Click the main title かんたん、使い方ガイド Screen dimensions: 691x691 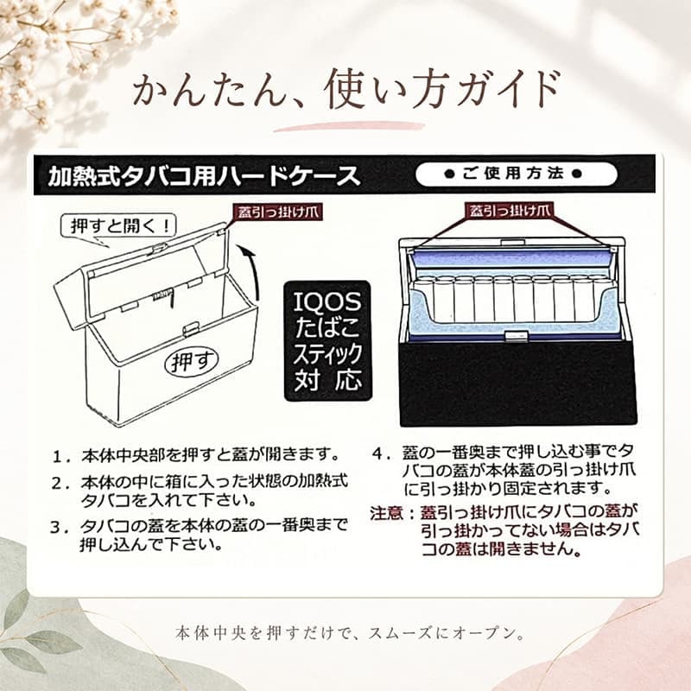pos(346,90)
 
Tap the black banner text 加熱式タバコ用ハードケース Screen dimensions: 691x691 pos(205,176)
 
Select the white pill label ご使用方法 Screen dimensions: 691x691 pos(516,174)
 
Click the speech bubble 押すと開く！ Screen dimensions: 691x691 pos(118,227)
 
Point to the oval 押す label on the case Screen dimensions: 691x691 pos(192,361)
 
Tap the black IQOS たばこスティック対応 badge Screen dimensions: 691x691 pos(328,340)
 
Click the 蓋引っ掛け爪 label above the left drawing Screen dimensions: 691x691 pos(278,212)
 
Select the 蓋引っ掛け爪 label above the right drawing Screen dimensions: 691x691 pos(510,211)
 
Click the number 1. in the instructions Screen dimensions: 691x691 pos(61,456)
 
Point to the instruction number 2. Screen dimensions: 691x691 pos(60,484)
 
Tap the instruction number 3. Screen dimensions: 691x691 pos(60,528)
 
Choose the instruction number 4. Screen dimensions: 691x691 pos(382,453)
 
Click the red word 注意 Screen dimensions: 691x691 pos(386,513)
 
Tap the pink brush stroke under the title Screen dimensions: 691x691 pos(349,126)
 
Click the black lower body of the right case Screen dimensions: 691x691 pos(518,384)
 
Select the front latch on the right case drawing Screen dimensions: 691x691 pos(516,336)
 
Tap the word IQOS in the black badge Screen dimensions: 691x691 pos(328,301)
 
